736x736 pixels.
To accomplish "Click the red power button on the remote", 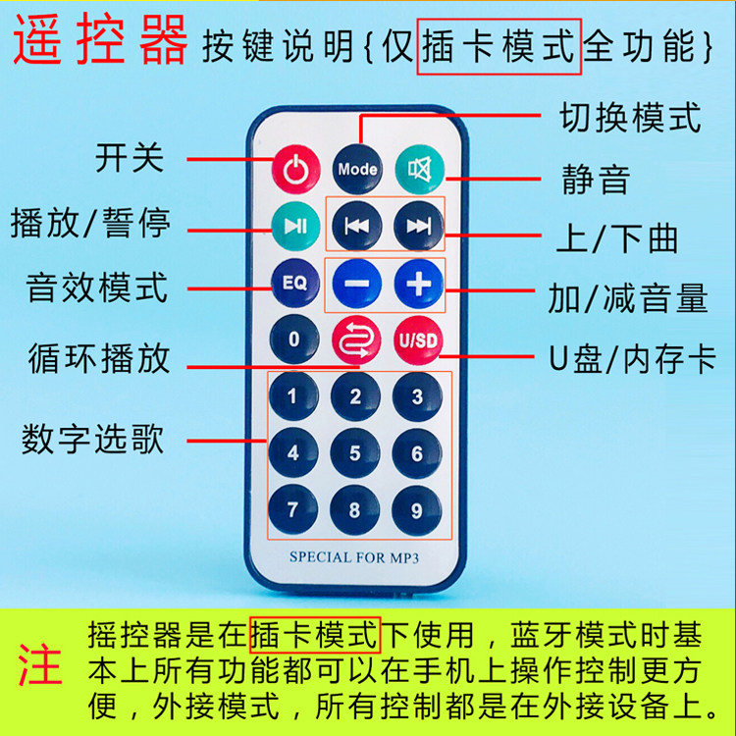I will pos(294,169).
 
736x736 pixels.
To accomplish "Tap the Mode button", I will pos(357,168).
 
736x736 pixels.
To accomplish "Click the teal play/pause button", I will pos(294,226).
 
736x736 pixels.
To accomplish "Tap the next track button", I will pos(418,226).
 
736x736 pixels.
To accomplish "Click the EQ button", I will pos(294,283).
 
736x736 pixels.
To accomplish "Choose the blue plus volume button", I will pos(419,284).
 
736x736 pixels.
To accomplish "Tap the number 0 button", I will pos(294,341).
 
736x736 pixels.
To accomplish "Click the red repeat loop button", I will pos(355,341).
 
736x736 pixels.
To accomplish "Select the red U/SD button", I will pos(419,341).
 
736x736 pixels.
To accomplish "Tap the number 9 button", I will pos(417,510).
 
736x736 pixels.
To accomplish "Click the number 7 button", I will pos(292,510).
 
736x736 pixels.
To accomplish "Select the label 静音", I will pos(595,180).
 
